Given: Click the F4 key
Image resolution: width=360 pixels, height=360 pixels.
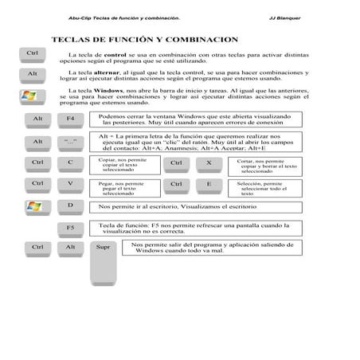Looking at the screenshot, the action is [70, 119].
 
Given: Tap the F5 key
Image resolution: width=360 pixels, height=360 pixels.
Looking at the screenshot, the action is [70, 229].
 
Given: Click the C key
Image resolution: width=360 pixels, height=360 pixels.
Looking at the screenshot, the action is [70, 162].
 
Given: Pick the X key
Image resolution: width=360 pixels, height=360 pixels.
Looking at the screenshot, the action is [209, 162].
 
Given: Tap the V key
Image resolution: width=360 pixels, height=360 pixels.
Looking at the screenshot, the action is [70, 184].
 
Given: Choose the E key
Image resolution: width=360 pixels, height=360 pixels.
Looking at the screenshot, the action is [209, 184].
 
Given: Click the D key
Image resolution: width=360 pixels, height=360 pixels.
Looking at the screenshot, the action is [70, 205].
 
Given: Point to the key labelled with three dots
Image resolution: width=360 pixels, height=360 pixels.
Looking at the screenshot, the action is [70, 141].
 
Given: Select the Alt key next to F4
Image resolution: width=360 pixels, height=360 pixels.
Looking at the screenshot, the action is [36, 119].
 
